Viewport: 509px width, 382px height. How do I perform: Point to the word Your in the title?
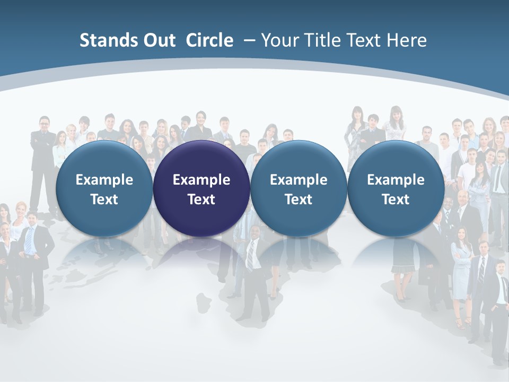[x=278, y=40]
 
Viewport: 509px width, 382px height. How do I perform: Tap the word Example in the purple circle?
[x=201, y=180]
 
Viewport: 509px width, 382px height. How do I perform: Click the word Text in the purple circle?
[x=201, y=199]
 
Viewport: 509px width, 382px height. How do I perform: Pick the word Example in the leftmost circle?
[x=104, y=180]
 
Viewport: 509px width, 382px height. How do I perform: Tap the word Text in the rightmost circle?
[x=396, y=199]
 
